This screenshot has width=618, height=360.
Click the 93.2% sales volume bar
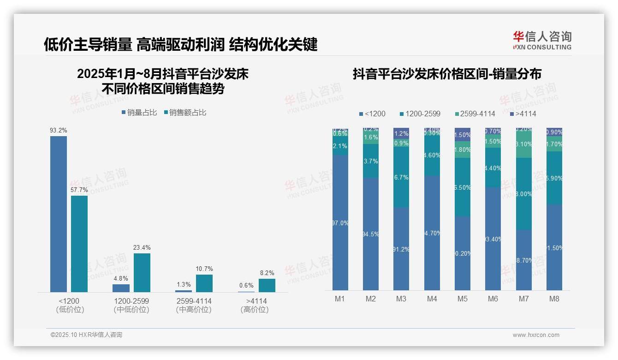[x=59, y=214]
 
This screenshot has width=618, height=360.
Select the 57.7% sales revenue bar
[x=79, y=244]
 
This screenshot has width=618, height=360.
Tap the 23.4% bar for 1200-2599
[x=142, y=272]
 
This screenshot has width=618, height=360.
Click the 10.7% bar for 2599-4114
[x=204, y=283]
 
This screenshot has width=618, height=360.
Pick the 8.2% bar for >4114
[x=267, y=285]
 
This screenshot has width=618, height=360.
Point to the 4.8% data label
[x=121, y=278]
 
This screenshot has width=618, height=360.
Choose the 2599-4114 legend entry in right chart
[x=475, y=114]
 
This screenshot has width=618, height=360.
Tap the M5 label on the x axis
[x=462, y=299]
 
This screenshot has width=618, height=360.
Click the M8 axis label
[x=554, y=299]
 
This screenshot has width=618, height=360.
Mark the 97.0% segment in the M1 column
[x=340, y=222]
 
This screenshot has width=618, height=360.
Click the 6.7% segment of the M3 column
[x=401, y=178]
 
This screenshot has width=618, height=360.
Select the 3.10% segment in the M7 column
[x=523, y=144]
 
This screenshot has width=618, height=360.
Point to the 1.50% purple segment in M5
[x=462, y=135]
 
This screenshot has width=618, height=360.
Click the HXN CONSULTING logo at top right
[x=542, y=41]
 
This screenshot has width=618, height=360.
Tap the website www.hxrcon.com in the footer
[x=536, y=335]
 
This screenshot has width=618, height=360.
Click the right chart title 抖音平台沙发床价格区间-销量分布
[x=447, y=74]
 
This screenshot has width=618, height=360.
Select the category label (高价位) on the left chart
[x=254, y=310]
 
